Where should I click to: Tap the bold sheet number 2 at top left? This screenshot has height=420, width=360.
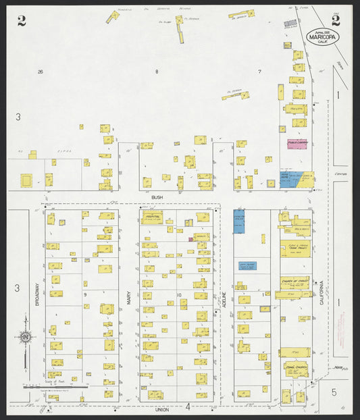pos(22,20)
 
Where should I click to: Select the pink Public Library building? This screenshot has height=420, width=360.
pos(297,144)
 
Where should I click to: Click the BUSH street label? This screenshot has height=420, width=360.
pos(157,197)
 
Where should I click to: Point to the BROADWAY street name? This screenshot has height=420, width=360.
pos(37,298)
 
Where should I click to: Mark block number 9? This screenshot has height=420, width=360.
pos(85,295)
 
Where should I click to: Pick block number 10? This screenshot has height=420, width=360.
pos(179,295)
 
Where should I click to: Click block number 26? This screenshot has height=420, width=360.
pos(41,72)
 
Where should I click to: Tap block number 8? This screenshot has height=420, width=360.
pos(157,72)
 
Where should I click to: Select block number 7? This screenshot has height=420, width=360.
pos(259,72)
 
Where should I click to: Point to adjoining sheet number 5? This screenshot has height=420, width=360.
pos(333,391)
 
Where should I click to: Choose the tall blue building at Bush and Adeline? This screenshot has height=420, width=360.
pos(238,221)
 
